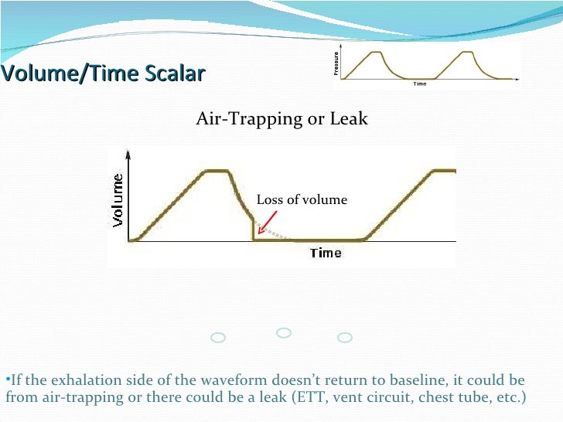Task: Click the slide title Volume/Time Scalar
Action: [102, 74]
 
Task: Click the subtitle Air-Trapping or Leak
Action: [281, 119]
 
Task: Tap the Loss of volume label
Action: [302, 200]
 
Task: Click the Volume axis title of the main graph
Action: [118, 199]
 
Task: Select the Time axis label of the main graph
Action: [326, 253]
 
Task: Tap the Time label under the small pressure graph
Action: [420, 83]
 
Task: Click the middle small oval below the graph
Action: [284, 332]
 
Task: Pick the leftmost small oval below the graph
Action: [218, 338]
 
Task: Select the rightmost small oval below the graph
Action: [345, 338]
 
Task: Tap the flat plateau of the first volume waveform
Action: [215, 171]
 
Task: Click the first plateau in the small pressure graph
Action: [377, 52]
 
